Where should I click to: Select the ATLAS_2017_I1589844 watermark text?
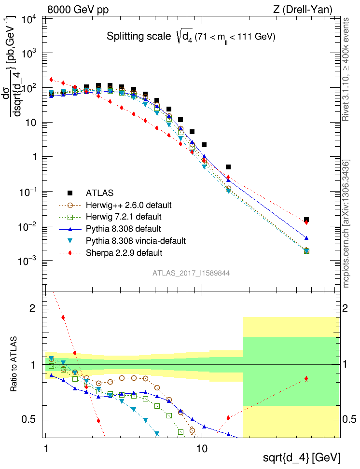tap(191, 273)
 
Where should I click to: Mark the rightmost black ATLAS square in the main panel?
tap(306, 220)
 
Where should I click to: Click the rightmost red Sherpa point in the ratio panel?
tap(306, 379)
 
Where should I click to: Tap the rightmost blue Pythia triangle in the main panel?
tap(306, 238)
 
